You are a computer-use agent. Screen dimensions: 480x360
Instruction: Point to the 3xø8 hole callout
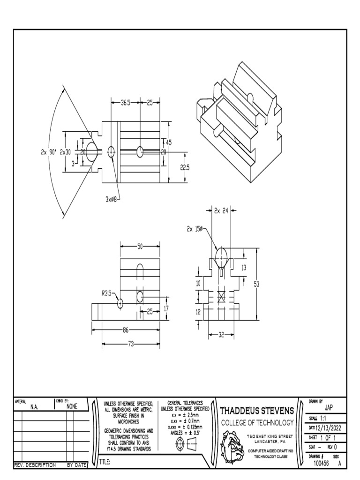(112, 199)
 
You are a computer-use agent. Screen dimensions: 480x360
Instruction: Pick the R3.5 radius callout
(107, 294)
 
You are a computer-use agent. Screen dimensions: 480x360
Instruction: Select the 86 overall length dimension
(125, 330)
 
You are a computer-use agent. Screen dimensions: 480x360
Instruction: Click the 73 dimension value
(131, 344)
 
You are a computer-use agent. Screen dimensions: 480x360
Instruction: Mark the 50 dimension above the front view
(141, 246)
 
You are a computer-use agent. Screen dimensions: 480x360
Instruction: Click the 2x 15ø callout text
(195, 229)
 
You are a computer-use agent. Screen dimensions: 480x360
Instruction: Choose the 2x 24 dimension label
(221, 211)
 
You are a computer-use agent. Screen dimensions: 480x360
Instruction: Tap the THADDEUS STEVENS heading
(257, 411)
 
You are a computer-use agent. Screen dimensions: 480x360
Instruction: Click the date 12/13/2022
(325, 427)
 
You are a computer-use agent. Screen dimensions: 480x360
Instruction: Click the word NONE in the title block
(72, 407)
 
